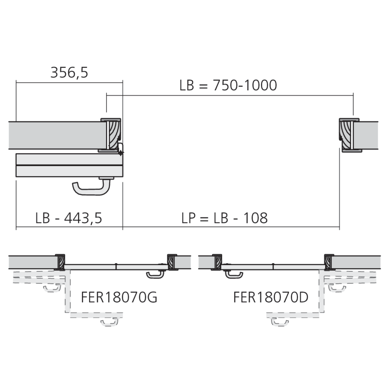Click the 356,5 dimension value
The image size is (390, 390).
[69, 73]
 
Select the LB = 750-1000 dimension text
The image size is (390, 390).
[228, 85]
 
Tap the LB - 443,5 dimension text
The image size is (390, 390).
[69, 218]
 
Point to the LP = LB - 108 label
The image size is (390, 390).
[225, 218]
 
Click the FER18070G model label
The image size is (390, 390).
[119, 298]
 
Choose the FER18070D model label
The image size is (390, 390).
[271, 298]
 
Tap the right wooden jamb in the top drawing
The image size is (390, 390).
[346, 135]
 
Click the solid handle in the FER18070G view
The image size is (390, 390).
[155, 275]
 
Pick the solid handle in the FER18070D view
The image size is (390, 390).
[234, 275]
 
